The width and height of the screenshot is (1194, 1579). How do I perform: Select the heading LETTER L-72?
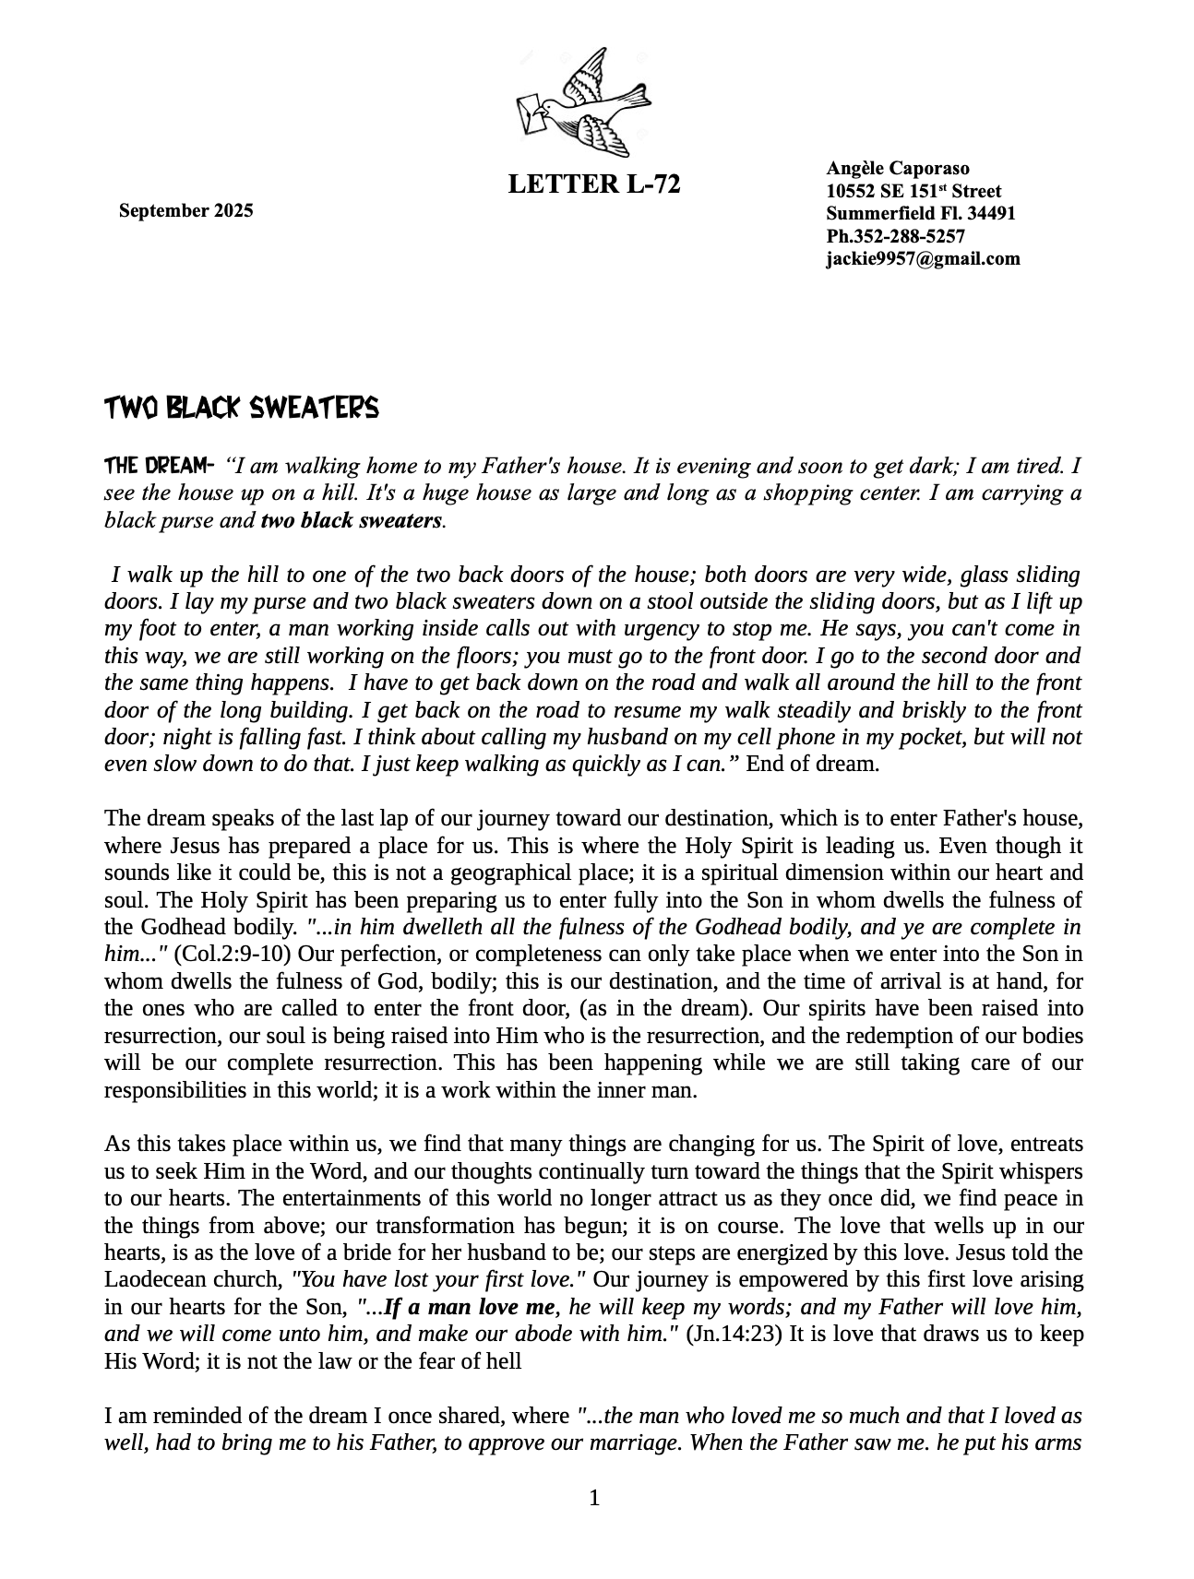coord(594,184)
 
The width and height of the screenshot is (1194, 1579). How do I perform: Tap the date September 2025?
coord(185,211)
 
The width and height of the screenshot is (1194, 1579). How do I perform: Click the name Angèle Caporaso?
coord(897,168)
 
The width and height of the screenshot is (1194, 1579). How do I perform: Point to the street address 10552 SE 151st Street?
coord(913,191)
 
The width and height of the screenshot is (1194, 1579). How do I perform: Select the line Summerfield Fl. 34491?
coord(920,213)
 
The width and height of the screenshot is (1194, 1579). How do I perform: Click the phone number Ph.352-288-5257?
coord(895,236)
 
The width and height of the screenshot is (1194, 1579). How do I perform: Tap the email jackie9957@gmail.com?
coord(923,258)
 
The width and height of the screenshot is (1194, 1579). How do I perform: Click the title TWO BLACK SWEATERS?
coord(241,408)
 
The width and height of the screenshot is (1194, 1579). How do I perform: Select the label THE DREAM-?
coord(159,465)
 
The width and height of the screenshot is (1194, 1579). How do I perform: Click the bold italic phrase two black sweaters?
coord(351,520)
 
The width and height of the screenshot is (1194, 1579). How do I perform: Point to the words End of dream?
coord(812,764)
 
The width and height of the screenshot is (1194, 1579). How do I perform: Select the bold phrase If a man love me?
coord(470,1307)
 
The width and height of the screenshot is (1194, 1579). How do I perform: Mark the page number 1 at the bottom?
coord(595,1498)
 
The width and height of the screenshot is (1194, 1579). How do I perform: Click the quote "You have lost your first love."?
coord(438,1279)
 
